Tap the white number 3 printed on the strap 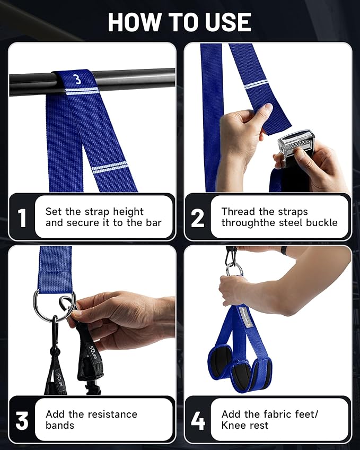(77, 80)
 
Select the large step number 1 (22, 218)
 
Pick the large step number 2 (198, 218)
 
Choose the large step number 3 (22, 421)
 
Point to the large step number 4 (198, 421)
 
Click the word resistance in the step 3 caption (110, 414)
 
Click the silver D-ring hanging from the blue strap (54, 303)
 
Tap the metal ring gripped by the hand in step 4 (234, 269)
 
